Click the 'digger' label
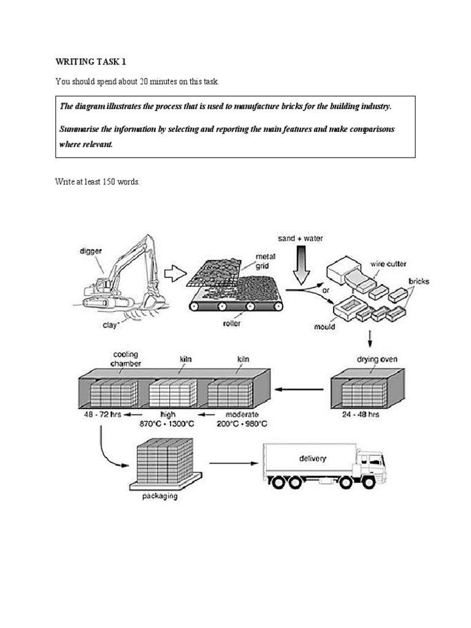click(x=91, y=250)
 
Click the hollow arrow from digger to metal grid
click(x=175, y=274)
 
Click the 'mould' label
click(x=324, y=326)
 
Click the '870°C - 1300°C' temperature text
click(x=164, y=423)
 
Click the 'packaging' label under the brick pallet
click(x=157, y=496)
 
